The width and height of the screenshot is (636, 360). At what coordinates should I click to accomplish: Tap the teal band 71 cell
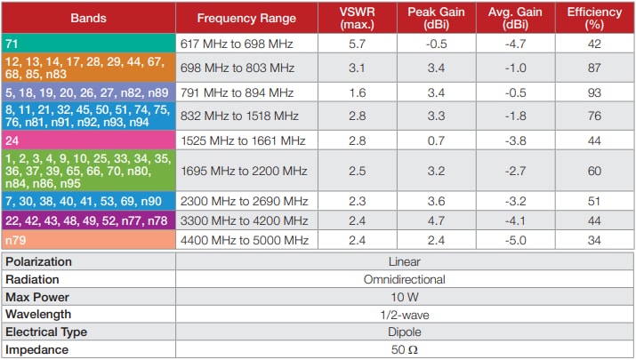(x=88, y=43)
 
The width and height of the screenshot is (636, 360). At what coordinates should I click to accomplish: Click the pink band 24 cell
(x=88, y=140)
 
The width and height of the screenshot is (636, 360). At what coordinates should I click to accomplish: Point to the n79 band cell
(x=88, y=241)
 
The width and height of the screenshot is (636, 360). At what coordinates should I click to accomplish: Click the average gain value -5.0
(x=515, y=241)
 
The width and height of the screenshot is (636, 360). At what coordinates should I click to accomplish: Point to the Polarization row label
(x=40, y=262)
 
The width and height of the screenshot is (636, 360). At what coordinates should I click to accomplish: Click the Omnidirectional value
(x=404, y=279)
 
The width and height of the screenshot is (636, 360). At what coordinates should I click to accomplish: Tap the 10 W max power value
(x=404, y=296)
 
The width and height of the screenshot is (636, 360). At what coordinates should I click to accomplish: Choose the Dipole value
(x=404, y=332)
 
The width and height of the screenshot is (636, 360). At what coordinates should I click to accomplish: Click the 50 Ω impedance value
(x=404, y=349)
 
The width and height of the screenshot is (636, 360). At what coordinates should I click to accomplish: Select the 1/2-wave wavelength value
(x=404, y=314)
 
